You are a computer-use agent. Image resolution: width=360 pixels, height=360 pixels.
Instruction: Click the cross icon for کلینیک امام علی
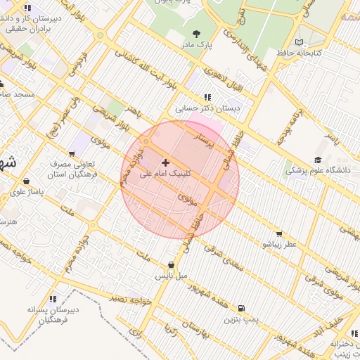166,162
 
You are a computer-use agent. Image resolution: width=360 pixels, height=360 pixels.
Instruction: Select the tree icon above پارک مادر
195,33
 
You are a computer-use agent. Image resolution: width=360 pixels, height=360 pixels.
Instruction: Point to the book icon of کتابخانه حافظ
300,43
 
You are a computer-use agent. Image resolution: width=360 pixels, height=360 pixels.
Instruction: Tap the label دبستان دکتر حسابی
208,109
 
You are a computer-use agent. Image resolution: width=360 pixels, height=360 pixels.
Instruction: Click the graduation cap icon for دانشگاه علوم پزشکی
318,160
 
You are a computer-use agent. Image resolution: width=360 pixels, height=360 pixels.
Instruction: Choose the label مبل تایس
172,275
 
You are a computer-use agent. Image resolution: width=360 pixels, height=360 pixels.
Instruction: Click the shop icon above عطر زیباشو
279,233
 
